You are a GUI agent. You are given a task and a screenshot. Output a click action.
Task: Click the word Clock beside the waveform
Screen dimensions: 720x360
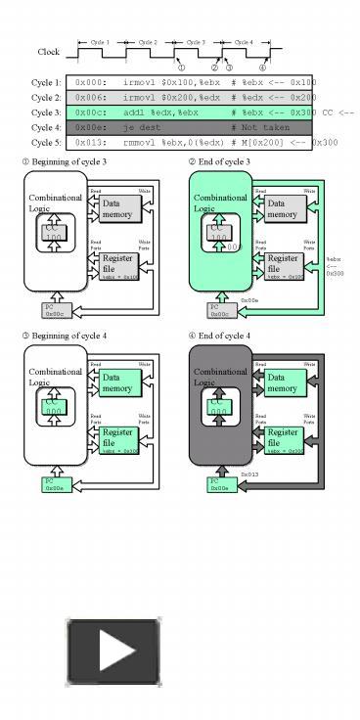[x=48, y=51]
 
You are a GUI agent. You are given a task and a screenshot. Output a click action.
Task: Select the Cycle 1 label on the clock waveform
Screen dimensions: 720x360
[x=100, y=42]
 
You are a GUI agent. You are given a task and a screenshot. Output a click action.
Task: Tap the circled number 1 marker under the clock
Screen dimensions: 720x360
[x=181, y=67]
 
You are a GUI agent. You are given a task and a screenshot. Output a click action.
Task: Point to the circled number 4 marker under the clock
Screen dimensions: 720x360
[x=262, y=67]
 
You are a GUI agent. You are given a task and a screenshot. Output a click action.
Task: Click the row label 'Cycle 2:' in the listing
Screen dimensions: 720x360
[x=46, y=98]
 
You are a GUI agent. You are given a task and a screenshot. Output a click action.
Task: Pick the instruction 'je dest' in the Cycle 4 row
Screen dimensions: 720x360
[x=139, y=127]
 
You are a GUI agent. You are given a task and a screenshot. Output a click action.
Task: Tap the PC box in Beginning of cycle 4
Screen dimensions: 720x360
[x=55, y=484]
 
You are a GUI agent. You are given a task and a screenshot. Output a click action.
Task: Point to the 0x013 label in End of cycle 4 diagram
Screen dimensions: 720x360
[x=248, y=473]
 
